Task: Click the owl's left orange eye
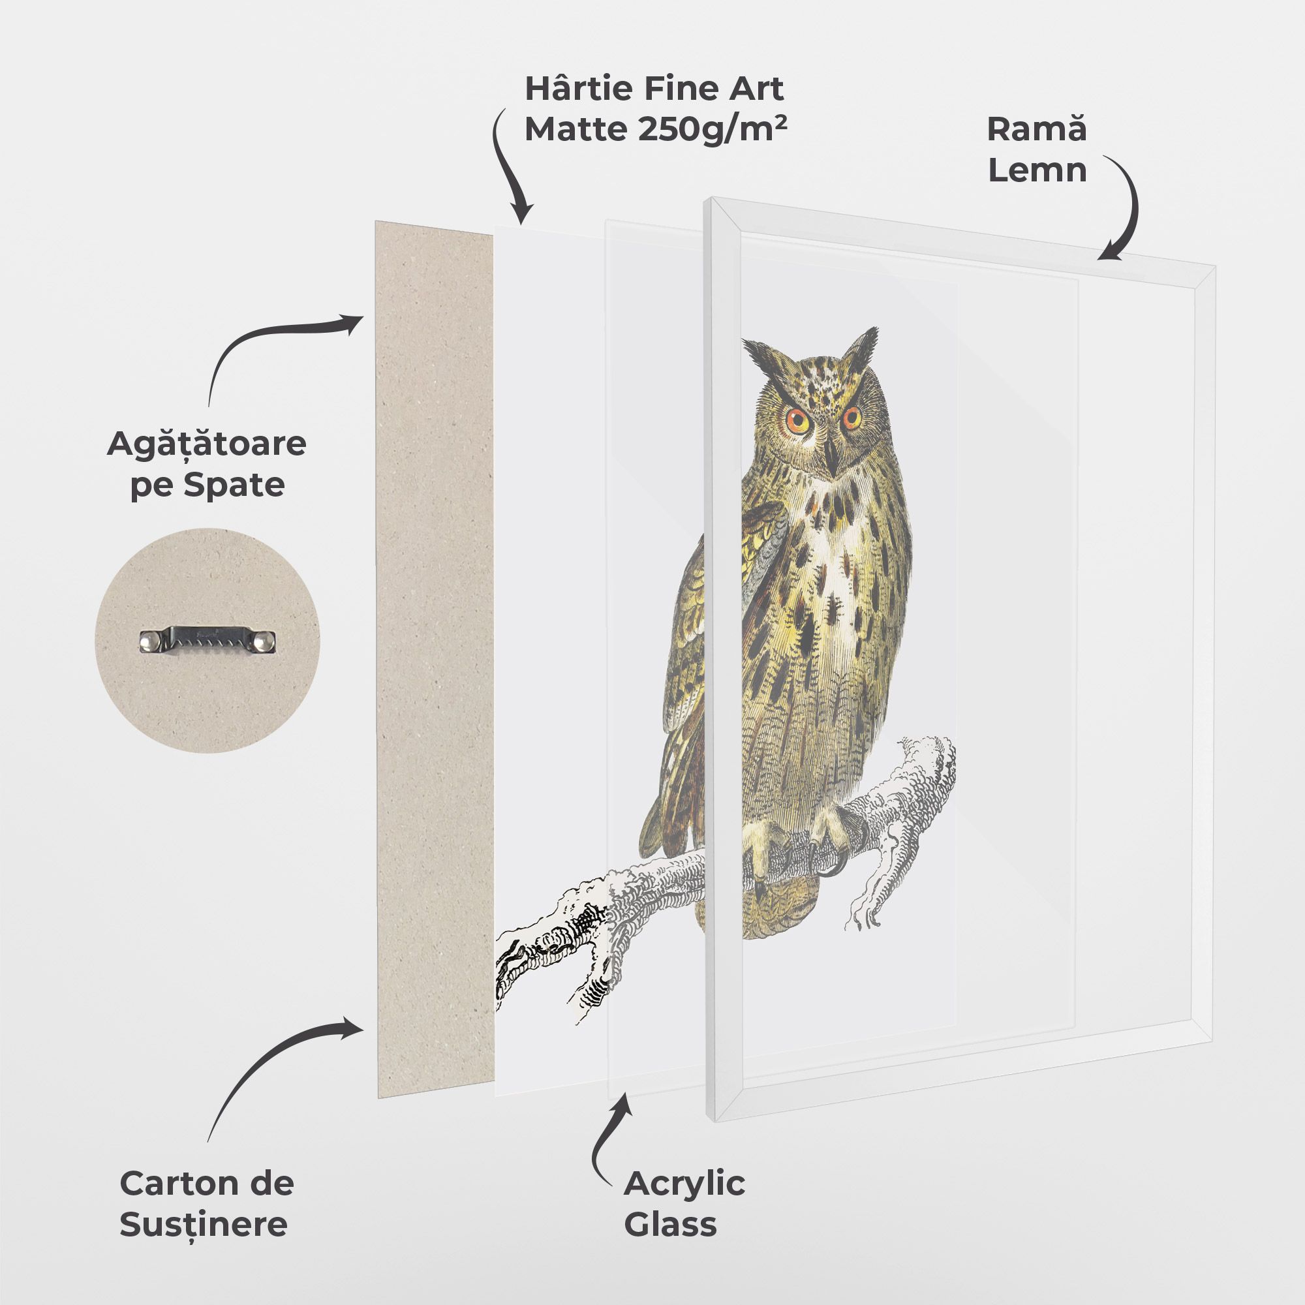coord(799,421)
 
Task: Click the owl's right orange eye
coord(852,417)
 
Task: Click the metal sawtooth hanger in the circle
coord(207,639)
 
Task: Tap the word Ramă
coord(1037,129)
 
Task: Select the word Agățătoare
coord(206,445)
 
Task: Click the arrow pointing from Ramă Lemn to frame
coord(1125,209)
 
